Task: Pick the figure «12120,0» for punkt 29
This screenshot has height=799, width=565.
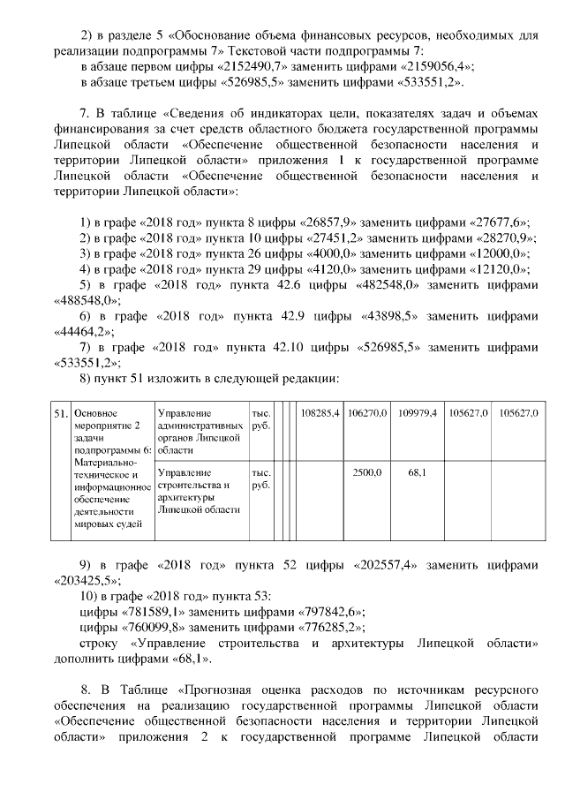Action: click(494, 269)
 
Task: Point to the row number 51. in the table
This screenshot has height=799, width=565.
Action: click(60, 413)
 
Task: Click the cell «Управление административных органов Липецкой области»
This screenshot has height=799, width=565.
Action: click(200, 431)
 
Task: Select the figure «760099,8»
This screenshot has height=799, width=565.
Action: click(147, 628)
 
